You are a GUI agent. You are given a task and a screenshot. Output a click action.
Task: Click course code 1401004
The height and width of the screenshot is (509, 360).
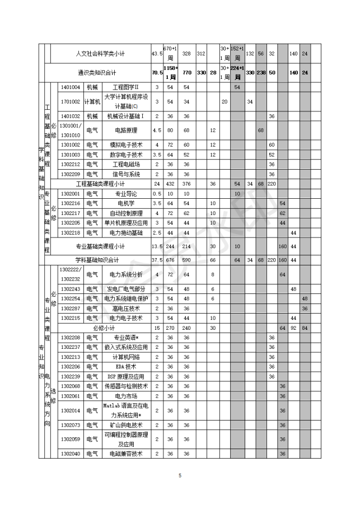(71, 87)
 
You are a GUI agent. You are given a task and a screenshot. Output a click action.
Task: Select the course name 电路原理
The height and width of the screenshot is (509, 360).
(125, 130)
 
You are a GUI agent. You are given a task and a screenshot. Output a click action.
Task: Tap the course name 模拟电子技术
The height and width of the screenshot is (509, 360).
(125, 144)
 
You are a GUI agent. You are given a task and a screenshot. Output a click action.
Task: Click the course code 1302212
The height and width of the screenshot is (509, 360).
(71, 164)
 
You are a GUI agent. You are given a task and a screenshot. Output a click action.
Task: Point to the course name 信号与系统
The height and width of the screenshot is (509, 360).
(125, 174)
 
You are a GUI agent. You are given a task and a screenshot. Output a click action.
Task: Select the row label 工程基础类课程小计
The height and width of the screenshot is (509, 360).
(100, 183)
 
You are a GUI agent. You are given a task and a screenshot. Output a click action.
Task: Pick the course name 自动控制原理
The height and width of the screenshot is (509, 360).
(125, 213)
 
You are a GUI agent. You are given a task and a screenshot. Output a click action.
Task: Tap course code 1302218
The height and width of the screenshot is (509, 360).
(71, 232)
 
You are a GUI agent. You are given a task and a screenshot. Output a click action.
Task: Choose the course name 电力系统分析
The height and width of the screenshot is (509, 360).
(125, 274)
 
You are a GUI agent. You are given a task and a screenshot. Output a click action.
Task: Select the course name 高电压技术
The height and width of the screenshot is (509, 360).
(125, 308)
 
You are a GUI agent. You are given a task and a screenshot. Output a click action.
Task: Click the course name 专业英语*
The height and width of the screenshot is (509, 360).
(125, 338)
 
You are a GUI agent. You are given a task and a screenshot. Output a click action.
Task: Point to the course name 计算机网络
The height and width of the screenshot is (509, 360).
(125, 357)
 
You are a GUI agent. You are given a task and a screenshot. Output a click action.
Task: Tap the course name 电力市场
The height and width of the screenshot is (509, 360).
(125, 396)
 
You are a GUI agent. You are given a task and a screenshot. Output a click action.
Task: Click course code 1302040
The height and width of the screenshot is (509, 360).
(71, 454)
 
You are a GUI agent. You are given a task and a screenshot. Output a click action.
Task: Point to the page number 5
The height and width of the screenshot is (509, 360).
(180, 475)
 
